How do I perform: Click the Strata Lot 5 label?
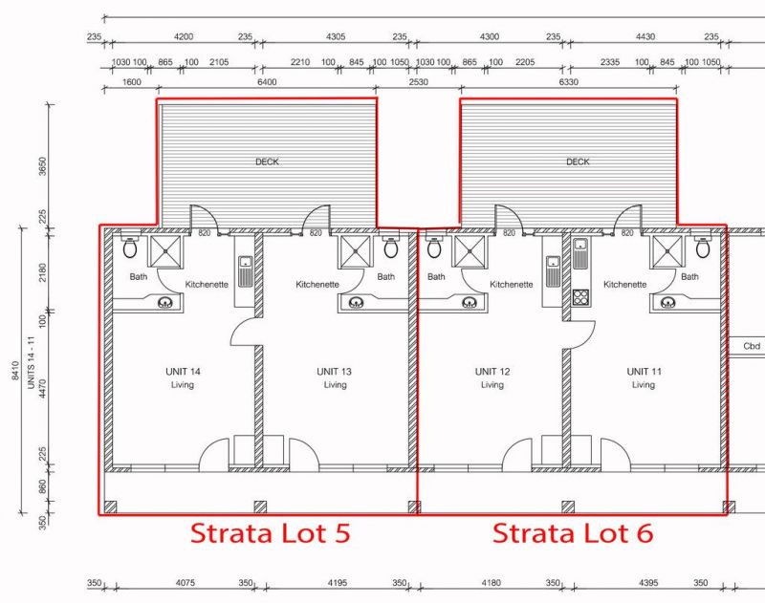coord(270,533)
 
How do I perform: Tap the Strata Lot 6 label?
coord(572,533)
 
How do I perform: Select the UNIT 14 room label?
coord(183,372)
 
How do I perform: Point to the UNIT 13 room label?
coord(334,372)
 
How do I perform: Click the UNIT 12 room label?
coord(492,372)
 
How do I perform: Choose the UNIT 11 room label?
coord(644,372)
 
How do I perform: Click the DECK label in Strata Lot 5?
coord(267,162)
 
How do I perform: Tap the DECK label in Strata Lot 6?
coord(578,162)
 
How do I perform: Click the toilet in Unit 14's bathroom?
coord(130,247)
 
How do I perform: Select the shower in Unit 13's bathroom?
coord(355,251)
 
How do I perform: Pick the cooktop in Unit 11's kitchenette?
coord(580,297)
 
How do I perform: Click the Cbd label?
coord(752,346)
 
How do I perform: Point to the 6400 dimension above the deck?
coord(267,82)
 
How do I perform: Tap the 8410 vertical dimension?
coord(15,371)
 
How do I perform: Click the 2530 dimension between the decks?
coord(418,82)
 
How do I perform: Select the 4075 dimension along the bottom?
coord(185,583)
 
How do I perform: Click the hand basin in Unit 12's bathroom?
coord(470,303)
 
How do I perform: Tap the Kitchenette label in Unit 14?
coord(207,284)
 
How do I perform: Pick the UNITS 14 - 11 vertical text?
coord(31,363)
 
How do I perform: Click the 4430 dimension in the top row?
coord(645,36)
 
